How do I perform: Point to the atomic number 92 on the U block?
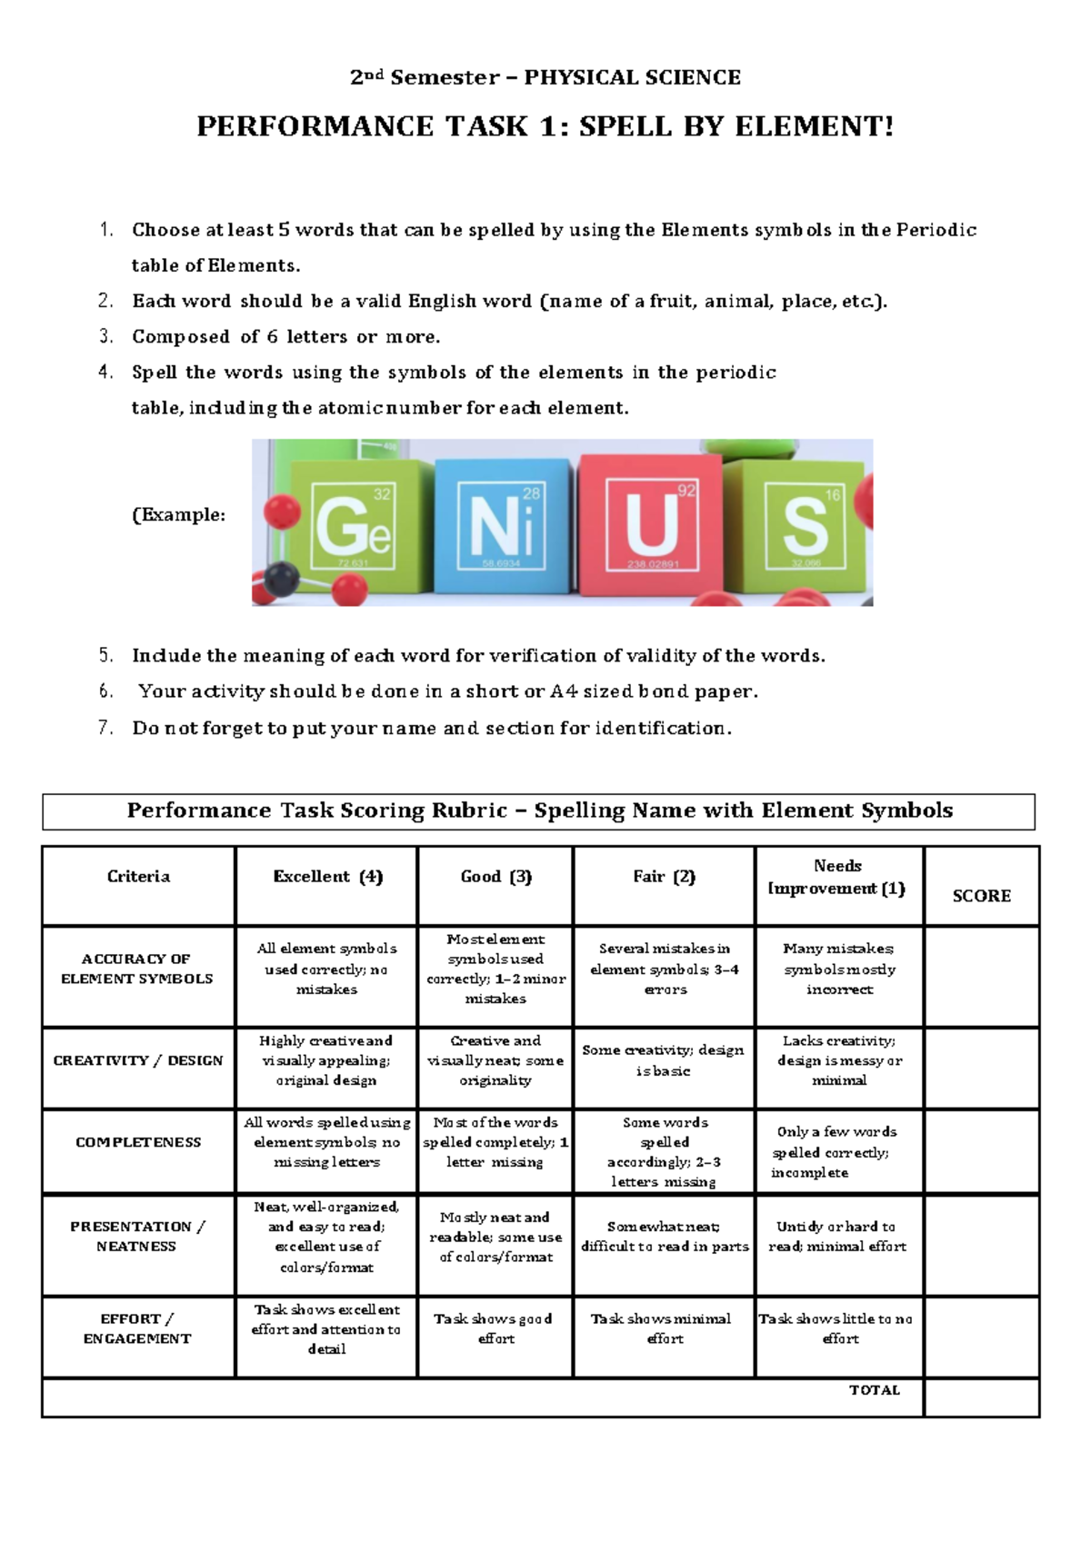tap(686, 491)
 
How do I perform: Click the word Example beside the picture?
tap(180, 515)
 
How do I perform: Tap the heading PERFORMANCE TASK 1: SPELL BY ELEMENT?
tap(545, 126)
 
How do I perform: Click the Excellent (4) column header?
tap(327, 877)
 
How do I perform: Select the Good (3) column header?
tap(495, 877)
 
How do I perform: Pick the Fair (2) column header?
tap(664, 877)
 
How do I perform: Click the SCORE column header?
tap(981, 896)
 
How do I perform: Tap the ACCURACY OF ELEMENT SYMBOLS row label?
tap(137, 969)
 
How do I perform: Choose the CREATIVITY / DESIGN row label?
tap(138, 1060)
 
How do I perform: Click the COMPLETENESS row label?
tap(138, 1142)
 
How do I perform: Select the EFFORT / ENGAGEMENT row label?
tap(137, 1328)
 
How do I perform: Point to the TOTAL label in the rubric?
tap(874, 1390)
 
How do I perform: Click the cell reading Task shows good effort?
tap(495, 1328)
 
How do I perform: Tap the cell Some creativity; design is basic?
tap(664, 1060)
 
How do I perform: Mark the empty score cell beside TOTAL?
tap(981, 1397)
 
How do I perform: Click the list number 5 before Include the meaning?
tap(106, 656)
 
